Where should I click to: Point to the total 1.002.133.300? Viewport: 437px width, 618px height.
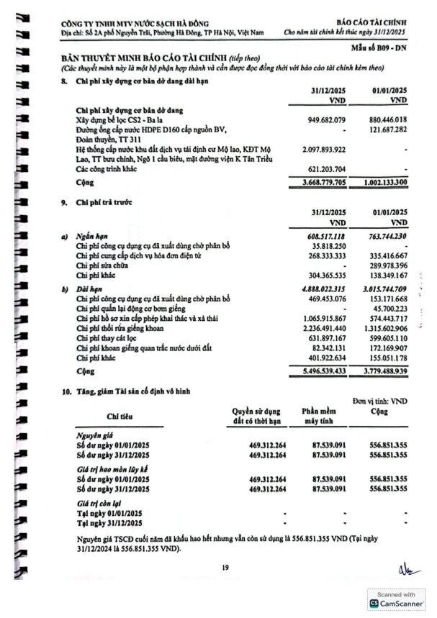click(382, 183)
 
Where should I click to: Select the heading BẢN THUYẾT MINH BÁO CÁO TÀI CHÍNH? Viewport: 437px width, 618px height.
click(144, 57)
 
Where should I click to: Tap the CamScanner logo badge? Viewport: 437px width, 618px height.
click(396, 604)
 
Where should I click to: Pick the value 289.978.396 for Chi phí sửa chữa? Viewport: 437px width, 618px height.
click(383, 265)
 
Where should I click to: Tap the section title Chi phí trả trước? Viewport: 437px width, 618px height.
click(104, 203)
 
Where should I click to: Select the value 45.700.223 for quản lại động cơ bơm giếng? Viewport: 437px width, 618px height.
click(385, 306)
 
